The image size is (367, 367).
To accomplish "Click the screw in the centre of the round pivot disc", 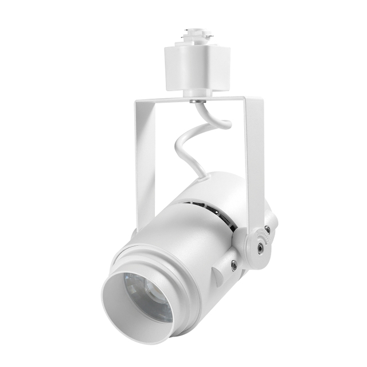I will tap(261, 247).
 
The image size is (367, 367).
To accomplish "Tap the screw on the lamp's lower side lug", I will tap(233, 264).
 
